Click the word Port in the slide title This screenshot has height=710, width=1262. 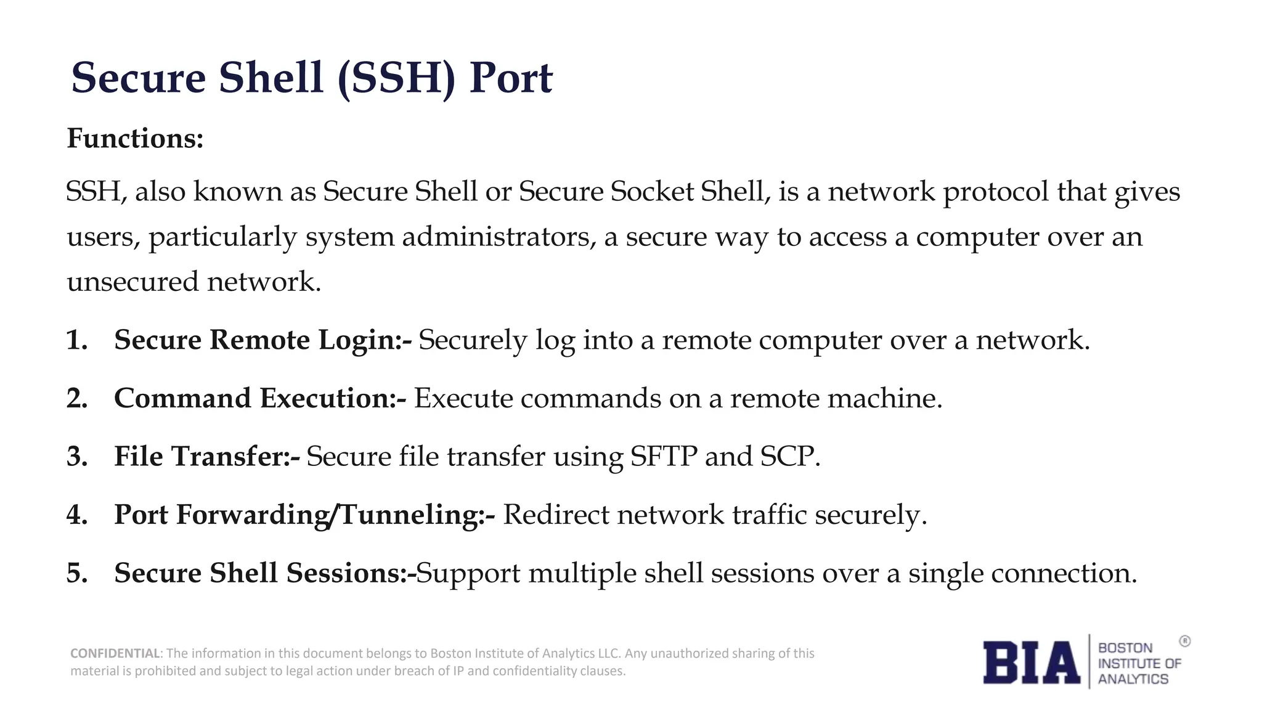[510, 78]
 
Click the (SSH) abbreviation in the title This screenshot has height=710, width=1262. [396, 78]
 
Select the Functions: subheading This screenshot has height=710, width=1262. [135, 138]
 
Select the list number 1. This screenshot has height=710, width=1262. [76, 340]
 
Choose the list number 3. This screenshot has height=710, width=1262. [76, 457]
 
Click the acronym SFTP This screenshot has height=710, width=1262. [664, 457]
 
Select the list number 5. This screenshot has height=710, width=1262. [76, 573]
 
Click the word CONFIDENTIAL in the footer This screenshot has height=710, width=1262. [115, 653]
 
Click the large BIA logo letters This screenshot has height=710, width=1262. [1031, 663]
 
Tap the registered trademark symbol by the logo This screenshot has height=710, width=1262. [1184, 642]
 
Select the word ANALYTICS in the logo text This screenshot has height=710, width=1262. [1133, 679]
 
